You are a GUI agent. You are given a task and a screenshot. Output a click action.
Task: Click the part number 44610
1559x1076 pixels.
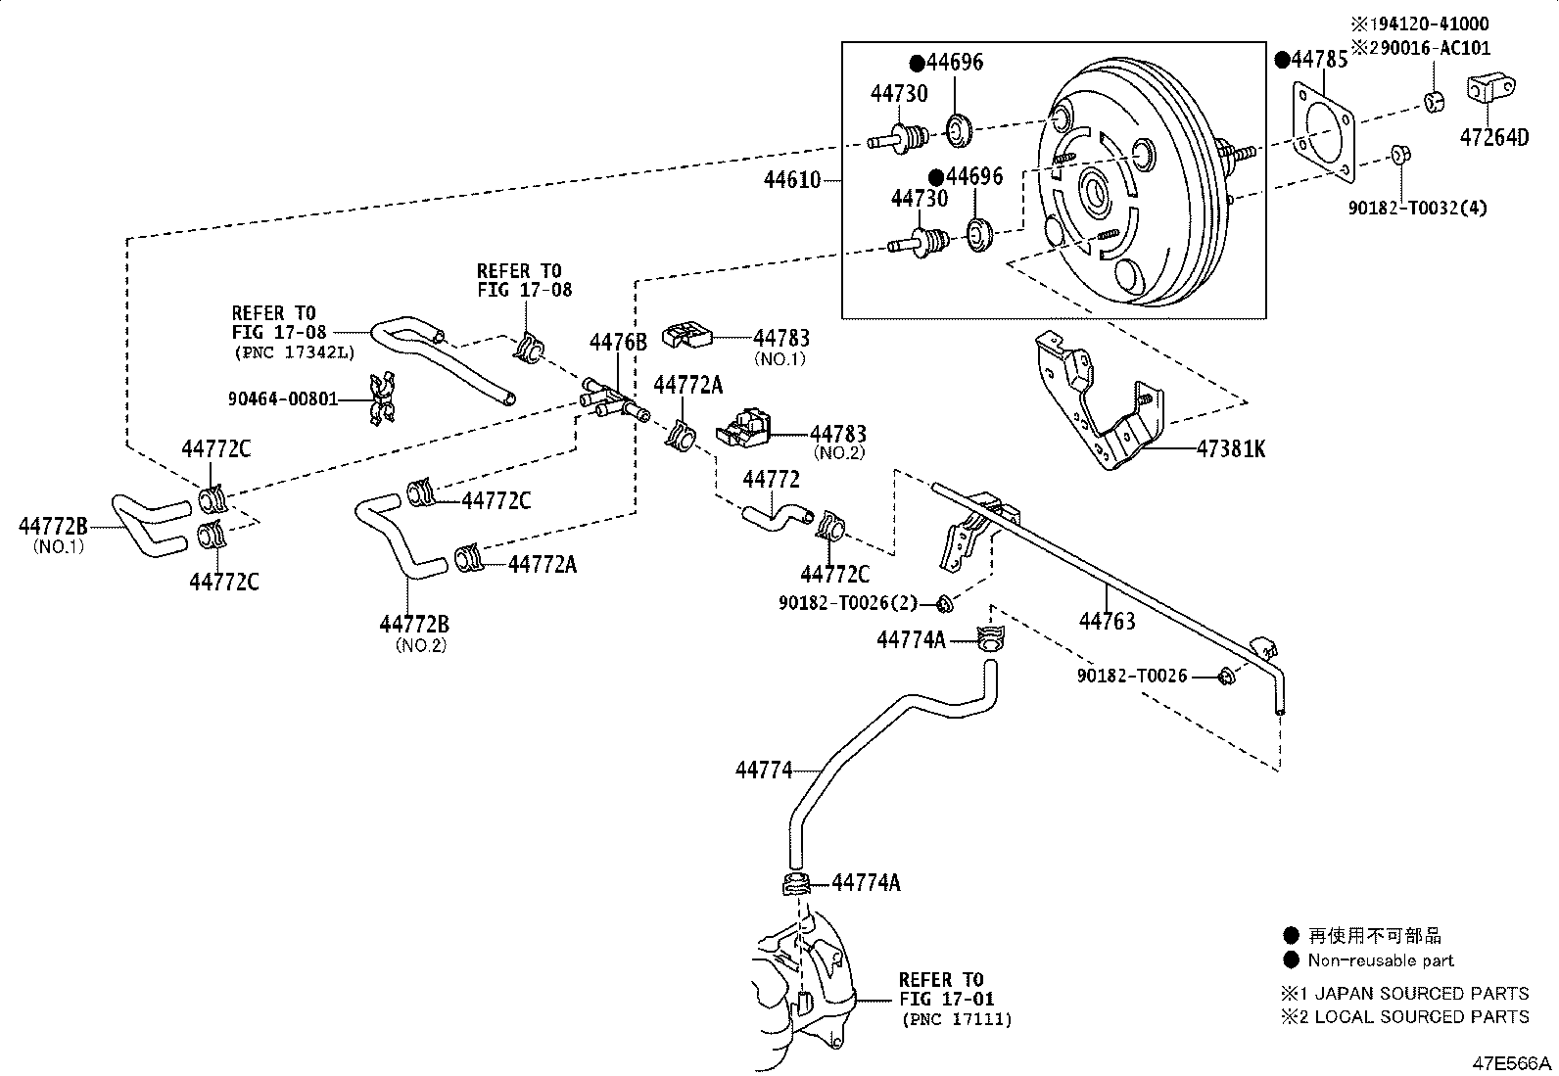tap(792, 180)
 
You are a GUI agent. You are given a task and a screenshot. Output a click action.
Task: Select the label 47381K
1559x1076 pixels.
tap(1231, 449)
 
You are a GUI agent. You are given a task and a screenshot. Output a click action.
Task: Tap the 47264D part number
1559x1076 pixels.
tap(1493, 137)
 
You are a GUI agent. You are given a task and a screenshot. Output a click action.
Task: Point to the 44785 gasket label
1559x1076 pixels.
tap(1318, 60)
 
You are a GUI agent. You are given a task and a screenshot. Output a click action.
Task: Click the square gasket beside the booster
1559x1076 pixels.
tap(1323, 132)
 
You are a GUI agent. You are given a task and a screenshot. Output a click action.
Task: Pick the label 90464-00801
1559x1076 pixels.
tap(283, 398)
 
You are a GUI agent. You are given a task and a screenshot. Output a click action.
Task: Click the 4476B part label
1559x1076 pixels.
tap(618, 342)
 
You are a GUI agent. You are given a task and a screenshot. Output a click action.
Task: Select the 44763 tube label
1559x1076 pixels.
tap(1107, 620)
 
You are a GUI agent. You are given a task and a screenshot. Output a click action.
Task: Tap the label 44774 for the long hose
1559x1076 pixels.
tap(764, 771)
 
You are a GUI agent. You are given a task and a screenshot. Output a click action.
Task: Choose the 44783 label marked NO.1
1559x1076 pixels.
tap(781, 338)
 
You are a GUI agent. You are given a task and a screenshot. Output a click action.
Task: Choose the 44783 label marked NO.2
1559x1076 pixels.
tap(837, 434)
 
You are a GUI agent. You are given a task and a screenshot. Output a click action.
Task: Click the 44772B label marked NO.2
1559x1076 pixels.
tap(414, 624)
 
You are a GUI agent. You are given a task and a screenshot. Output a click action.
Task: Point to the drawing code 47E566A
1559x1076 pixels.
tap(1514, 1063)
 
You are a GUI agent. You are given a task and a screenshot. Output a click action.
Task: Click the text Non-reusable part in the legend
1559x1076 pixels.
tap(1381, 960)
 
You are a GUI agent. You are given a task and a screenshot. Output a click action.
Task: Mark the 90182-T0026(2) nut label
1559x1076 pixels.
tap(848, 604)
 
